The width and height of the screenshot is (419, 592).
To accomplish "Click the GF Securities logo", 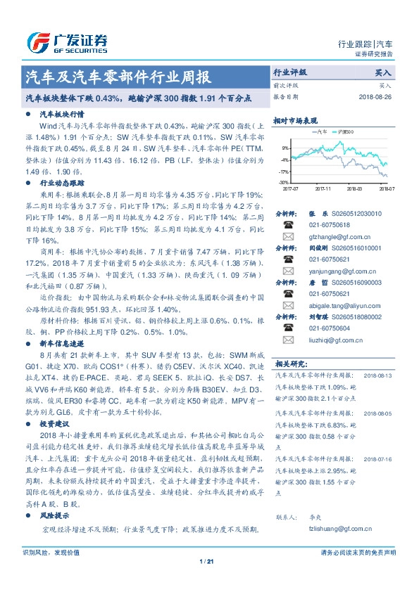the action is click(66, 44).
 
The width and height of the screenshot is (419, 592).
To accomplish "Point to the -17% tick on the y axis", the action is click(284, 171).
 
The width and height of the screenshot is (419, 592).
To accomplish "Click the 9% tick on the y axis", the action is click(285, 148).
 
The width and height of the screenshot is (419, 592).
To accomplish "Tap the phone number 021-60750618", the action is click(330, 224).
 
